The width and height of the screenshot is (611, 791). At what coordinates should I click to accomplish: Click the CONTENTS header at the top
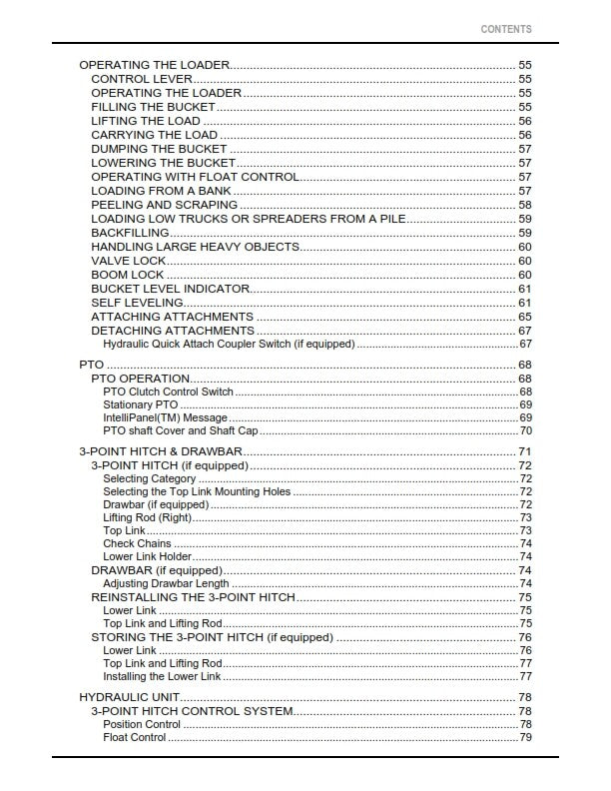pos(506,30)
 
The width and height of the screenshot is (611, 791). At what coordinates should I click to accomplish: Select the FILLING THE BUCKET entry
pos(153,107)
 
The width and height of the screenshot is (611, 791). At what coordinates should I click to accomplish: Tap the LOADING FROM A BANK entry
pos(161,191)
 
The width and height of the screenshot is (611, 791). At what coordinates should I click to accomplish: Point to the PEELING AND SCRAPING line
pos(165,205)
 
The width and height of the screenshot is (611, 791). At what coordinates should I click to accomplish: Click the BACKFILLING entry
pos(130,233)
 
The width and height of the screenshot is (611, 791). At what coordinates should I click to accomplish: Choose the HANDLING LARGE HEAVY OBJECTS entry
pos(196,247)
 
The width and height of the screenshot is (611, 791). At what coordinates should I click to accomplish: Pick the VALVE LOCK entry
pos(129,261)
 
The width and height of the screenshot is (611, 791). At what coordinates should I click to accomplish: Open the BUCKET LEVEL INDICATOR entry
pos(170,289)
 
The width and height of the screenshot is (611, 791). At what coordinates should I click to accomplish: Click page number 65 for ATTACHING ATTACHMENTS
pos(524,317)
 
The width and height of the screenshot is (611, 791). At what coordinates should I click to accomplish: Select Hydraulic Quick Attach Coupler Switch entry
pos(229,344)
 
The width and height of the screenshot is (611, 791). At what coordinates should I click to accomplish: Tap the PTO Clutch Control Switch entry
pos(168,393)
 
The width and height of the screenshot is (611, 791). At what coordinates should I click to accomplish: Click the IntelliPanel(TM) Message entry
pos(165,418)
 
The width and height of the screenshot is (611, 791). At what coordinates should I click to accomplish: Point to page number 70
pos(524,431)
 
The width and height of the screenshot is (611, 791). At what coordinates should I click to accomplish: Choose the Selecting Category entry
pos(150,479)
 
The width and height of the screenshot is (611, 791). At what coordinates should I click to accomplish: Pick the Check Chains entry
pos(137,544)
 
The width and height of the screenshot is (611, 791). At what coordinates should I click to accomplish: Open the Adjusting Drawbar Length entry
pos(166,583)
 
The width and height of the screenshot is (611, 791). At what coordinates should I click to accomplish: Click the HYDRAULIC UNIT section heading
pos(128,697)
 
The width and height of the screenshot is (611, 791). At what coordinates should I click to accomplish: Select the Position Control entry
pos(142,724)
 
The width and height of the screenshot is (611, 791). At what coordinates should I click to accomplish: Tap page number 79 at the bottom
pos(524,738)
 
